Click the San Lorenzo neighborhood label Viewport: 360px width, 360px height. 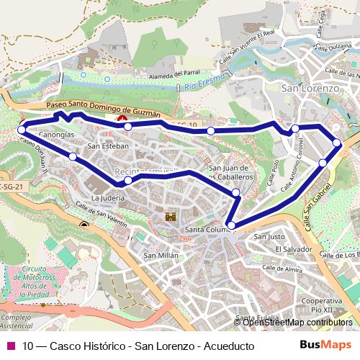[x=310, y=88]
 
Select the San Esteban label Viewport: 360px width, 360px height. [x=107, y=146]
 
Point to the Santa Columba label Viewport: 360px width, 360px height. [x=206, y=230]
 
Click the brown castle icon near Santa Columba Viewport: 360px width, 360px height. [x=171, y=216]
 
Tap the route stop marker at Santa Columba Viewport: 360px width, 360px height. [x=230, y=225]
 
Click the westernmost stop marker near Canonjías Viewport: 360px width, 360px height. [x=22, y=130]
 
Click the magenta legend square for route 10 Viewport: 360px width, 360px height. [x=10, y=346]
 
